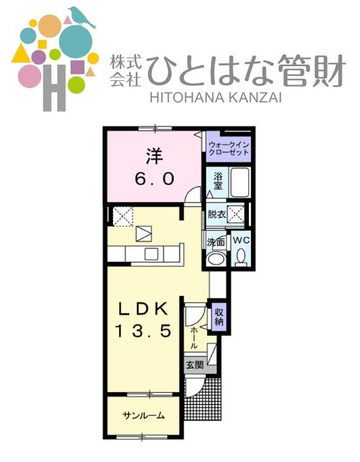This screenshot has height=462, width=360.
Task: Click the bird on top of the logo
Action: coord(82,18)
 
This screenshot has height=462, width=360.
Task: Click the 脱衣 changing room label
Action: coord(217,214)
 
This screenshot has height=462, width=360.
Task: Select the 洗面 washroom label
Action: coord(216,243)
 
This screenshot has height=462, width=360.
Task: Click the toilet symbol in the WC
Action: coord(241,257)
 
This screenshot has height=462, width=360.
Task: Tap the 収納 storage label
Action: coord(219,315)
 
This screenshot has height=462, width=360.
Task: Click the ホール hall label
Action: coord(194,336)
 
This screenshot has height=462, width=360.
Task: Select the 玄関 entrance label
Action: coord(194,365)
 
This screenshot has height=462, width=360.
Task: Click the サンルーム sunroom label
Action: coord(143,416)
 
